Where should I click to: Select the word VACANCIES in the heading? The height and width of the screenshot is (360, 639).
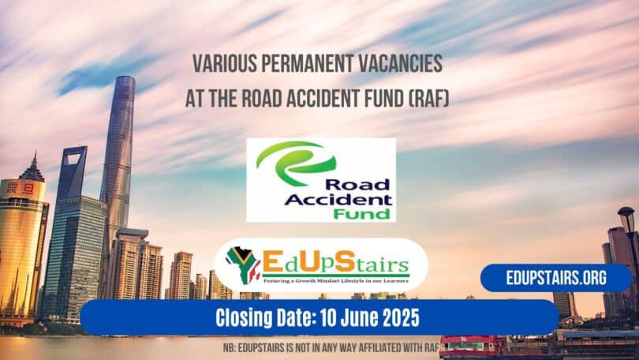tap(402, 64)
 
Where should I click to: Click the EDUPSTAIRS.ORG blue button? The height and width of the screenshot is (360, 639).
tap(557, 278)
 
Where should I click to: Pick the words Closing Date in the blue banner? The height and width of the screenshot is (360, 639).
tap(267, 317)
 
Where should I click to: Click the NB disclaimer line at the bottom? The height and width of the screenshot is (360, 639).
tap(319, 346)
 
